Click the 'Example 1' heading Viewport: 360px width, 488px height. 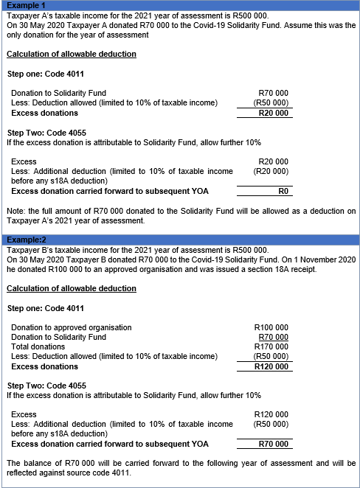[x=21, y=5]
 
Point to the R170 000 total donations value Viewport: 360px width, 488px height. [x=271, y=346]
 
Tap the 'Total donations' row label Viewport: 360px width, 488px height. [x=38, y=346]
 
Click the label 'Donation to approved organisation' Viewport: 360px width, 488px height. [x=72, y=327]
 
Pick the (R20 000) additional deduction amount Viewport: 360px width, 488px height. [x=271, y=171]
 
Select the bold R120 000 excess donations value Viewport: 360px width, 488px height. [x=271, y=366]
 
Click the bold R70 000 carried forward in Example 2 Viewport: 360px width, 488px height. [x=272, y=444]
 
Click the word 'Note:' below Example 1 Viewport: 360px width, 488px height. [x=15, y=212]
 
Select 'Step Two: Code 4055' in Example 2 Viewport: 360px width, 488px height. [x=46, y=386]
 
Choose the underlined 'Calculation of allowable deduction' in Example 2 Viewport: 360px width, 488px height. [x=71, y=288]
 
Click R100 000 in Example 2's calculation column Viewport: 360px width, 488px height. [x=271, y=327]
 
